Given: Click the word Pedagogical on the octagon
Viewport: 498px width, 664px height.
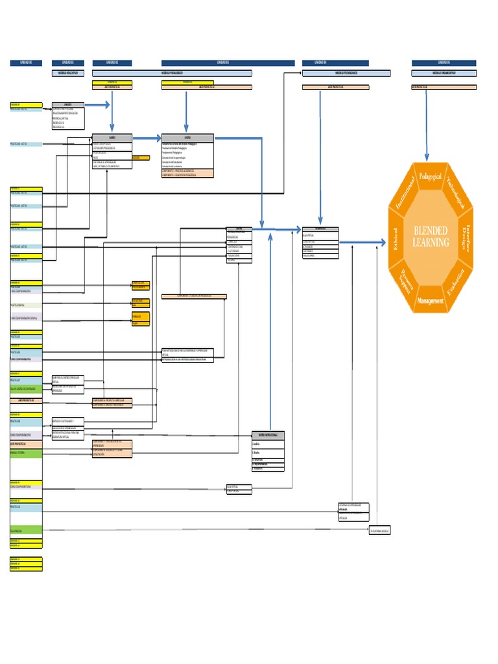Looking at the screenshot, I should pyautogui.click(x=431, y=176).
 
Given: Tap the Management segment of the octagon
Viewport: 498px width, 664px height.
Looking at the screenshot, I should pyautogui.click(x=431, y=301).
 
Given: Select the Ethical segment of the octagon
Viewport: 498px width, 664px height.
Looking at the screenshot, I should pyautogui.click(x=393, y=239).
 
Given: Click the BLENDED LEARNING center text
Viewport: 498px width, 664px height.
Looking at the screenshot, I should pyautogui.click(x=431, y=237).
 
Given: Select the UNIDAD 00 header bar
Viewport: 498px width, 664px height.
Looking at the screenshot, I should pyautogui.click(x=26, y=63).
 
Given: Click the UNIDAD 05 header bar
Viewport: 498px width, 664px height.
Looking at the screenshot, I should pyautogui.click(x=444, y=63).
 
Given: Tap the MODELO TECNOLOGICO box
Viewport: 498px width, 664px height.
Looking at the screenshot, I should pyautogui.click(x=346, y=73).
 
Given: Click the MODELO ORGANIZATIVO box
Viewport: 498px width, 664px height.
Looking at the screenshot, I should pyautogui.click(x=444, y=73).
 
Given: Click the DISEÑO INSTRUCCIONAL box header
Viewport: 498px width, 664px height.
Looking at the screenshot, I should pyautogui.click(x=268, y=434).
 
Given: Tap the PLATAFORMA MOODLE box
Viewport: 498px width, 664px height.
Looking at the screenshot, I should pyautogui.click(x=379, y=531).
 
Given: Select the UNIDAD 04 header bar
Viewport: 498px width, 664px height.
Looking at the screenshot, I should pyautogui.click(x=335, y=63).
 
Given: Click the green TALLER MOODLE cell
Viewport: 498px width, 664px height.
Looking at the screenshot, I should pyautogui.click(x=26, y=530).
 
